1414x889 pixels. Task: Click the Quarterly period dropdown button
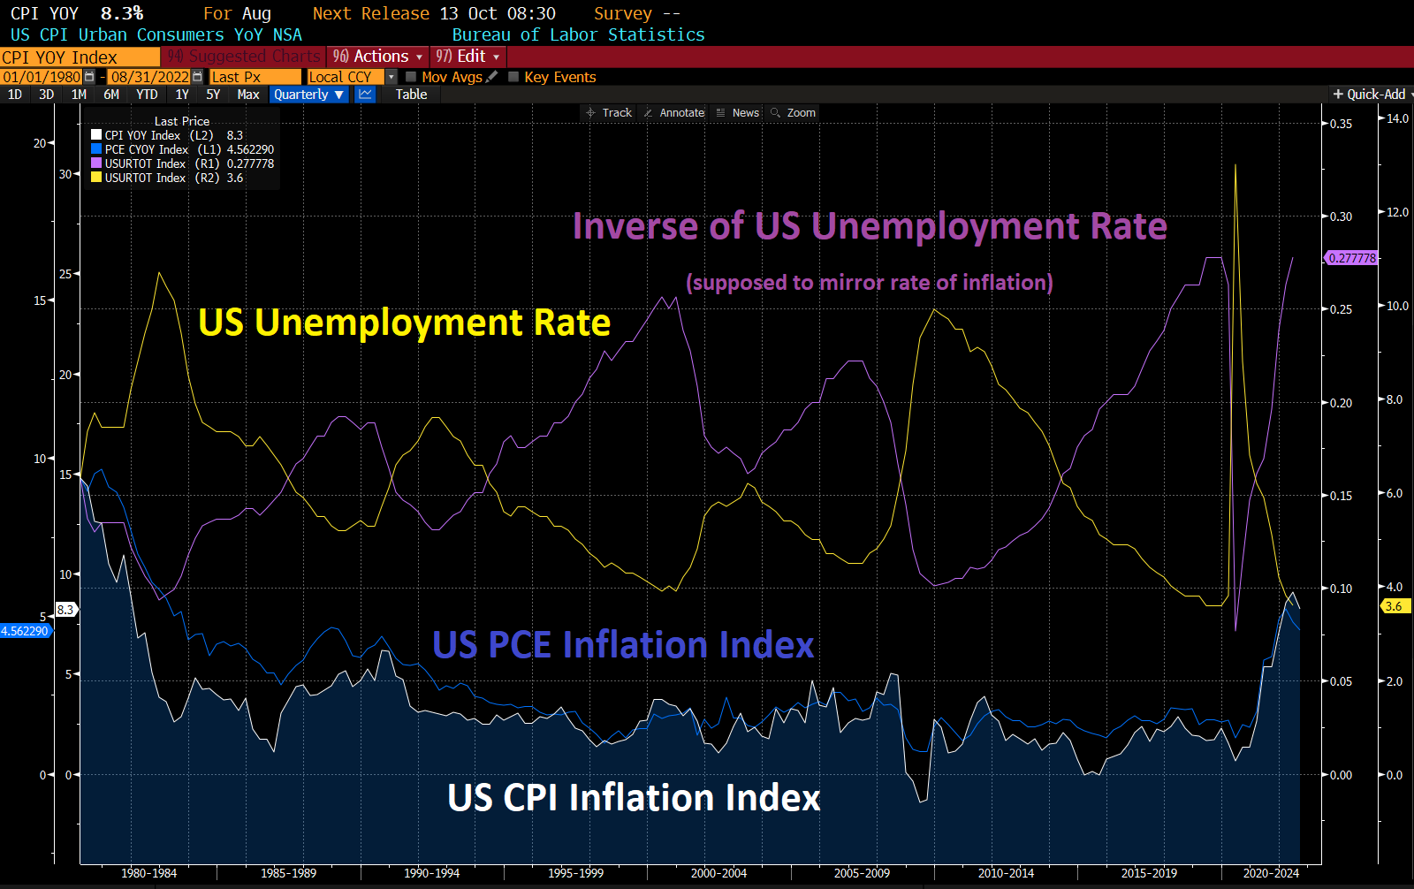pyautogui.click(x=308, y=95)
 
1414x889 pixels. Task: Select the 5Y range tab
pyautogui.click(x=213, y=95)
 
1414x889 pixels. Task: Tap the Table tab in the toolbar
pyautogui.click(x=411, y=95)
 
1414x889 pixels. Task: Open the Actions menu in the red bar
pyautogui.click(x=378, y=57)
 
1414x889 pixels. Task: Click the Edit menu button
pyautogui.click(x=468, y=57)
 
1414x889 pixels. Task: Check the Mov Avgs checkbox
pyautogui.click(x=411, y=77)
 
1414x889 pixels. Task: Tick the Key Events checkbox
pyautogui.click(x=513, y=77)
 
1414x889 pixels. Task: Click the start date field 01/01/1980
pyautogui.click(x=42, y=77)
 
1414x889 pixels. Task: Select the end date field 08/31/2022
pyautogui.click(x=150, y=77)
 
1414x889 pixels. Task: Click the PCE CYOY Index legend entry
pyautogui.click(x=147, y=149)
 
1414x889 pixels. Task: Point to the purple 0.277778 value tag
pyautogui.click(x=1351, y=258)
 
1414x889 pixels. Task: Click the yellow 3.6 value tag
pyautogui.click(x=1395, y=606)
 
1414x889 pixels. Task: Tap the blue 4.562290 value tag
pyautogui.click(x=25, y=631)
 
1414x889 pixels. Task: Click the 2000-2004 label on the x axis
pyautogui.click(x=718, y=873)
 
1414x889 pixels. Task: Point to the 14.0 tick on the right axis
pyautogui.click(x=1397, y=118)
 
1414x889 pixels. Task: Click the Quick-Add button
pyautogui.click(x=1371, y=95)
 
